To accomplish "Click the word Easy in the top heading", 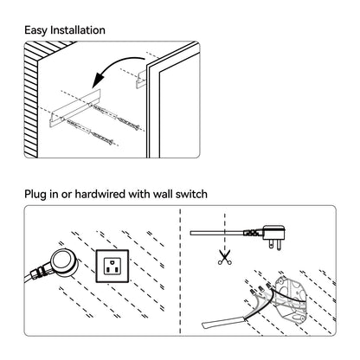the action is pos(35,30).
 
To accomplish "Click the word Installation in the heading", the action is pos(78,30).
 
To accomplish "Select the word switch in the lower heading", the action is pos(191,194).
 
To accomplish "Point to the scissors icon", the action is pos(225,258).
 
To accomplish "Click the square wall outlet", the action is pos(112,266).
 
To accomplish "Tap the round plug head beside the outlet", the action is pos(64,262).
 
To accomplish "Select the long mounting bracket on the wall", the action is pos(75,108).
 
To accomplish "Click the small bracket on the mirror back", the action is pos(141,79).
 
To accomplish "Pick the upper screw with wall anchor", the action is pos(115,116).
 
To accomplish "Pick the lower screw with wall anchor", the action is pos(88,132).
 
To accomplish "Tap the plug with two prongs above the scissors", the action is pos(273,236).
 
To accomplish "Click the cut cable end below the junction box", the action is pos(223,322).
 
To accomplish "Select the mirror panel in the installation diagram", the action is pos(172,101).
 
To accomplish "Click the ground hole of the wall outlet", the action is pos(112,262).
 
